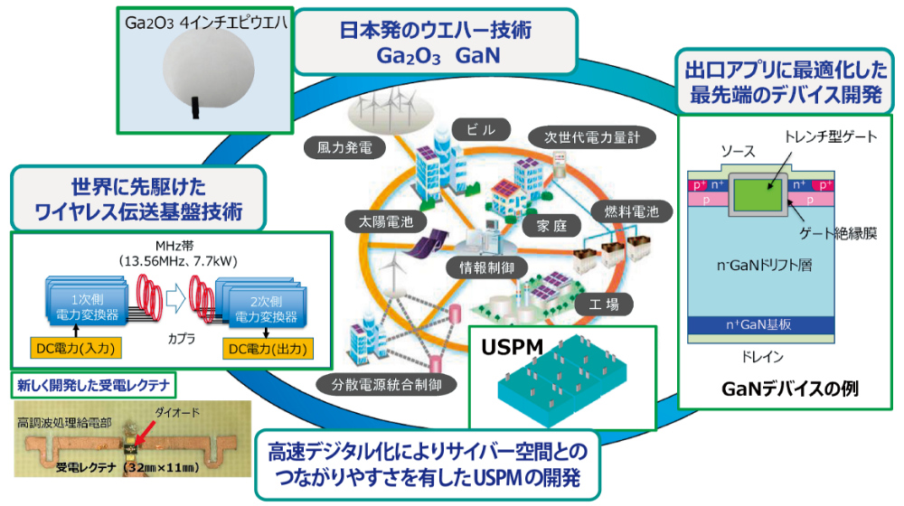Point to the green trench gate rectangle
(x=765, y=194)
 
